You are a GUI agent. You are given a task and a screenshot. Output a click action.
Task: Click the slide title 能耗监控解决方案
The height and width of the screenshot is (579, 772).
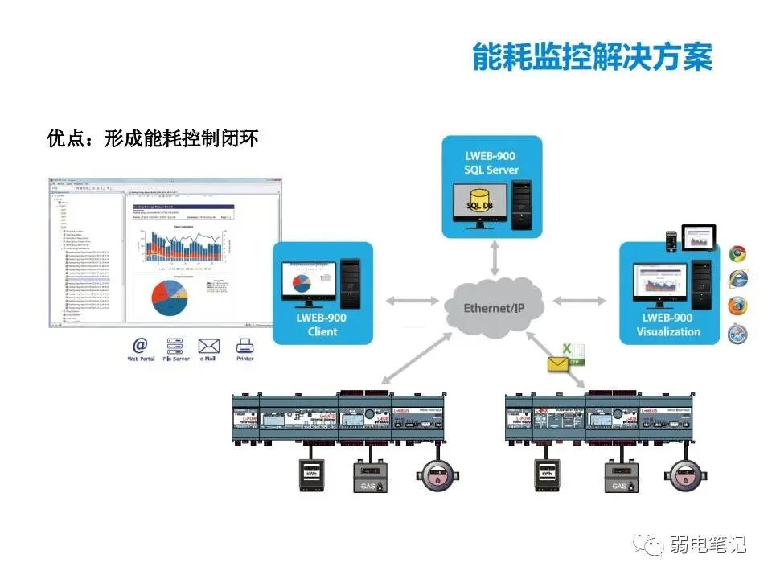coord(593,55)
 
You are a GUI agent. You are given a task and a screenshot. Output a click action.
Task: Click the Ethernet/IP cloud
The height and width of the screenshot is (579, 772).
coord(495,307)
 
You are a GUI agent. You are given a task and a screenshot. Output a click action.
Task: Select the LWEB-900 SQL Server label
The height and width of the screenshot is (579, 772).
coord(491,162)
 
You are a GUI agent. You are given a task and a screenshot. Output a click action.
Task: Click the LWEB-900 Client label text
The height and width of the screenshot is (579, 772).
coord(322,324)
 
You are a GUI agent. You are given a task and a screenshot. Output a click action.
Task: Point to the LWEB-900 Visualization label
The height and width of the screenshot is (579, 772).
coord(667,324)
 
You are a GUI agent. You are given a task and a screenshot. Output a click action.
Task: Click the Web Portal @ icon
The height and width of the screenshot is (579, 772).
coord(141,346)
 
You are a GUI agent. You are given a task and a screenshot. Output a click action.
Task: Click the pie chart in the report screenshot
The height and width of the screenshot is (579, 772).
coord(169,297)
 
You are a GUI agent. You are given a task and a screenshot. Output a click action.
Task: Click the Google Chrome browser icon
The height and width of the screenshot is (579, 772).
coord(737,253)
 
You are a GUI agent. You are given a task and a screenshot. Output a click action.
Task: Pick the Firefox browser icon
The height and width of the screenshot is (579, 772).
coord(737,306)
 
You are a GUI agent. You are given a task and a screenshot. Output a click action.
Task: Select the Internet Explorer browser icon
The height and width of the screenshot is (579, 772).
coord(737,279)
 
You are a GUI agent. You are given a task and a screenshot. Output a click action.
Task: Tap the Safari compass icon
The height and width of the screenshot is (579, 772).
coord(737,334)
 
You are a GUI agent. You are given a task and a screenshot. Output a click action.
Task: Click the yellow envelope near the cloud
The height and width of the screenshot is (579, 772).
coord(559,363)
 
